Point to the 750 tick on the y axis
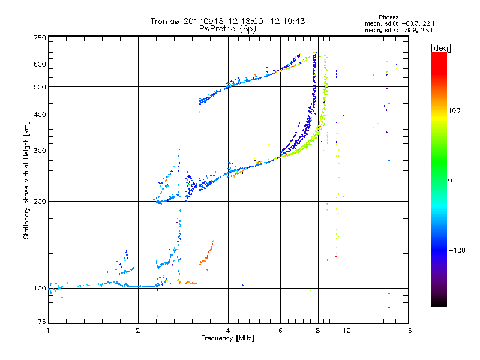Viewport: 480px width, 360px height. coord(40,38)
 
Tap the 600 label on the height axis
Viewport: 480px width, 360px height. coord(40,64)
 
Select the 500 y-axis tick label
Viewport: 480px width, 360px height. coord(40,87)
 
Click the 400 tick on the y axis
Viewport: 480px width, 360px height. coord(40,115)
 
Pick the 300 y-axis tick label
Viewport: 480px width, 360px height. coord(40,151)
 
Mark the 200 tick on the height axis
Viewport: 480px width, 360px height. coord(40,202)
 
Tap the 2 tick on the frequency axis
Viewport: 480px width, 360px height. coord(138,331)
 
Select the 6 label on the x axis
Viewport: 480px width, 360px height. coord(281,331)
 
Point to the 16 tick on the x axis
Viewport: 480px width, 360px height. coord(407,331)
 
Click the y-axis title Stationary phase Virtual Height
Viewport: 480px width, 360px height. coord(26,180)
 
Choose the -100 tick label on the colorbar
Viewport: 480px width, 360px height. coord(457,250)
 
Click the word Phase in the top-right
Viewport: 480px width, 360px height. coord(388,17)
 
